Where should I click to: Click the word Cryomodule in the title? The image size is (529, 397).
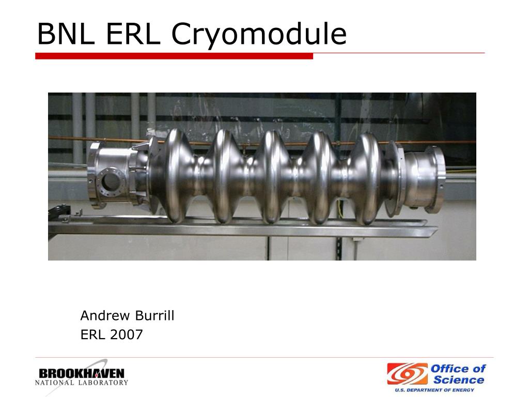259,35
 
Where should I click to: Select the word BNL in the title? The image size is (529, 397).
66,34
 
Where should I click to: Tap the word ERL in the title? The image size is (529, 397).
133,34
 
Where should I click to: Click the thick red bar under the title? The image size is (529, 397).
174,56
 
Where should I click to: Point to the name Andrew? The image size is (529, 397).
105,316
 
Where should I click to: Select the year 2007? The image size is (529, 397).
126,334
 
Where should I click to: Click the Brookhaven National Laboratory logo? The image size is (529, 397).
82,377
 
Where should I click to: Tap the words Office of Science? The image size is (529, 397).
458,374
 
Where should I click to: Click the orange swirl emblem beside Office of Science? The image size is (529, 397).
407,374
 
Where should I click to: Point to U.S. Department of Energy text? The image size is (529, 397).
434,390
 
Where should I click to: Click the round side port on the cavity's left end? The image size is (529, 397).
111,181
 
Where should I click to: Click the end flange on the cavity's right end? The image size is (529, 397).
435,179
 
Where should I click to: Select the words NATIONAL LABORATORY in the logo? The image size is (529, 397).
82,383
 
